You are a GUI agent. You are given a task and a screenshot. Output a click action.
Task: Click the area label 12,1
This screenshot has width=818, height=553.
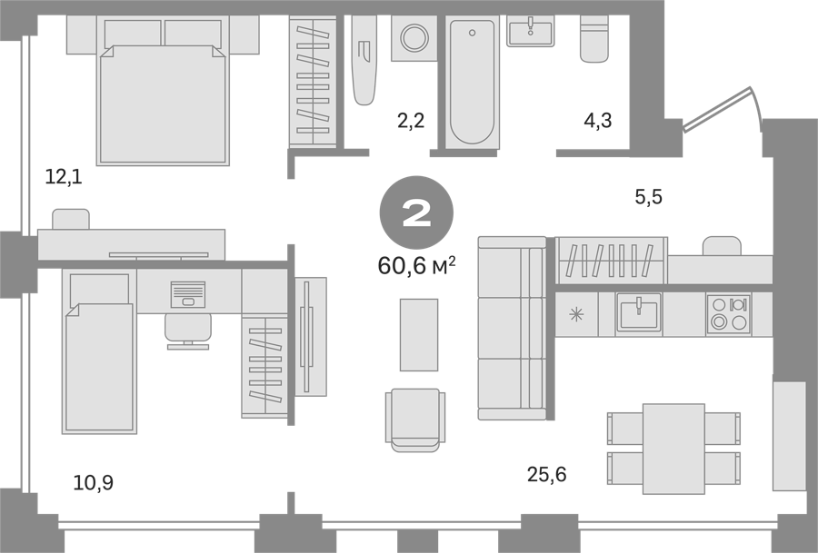(64, 177)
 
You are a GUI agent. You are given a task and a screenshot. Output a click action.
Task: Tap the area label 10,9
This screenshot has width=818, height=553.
(94, 483)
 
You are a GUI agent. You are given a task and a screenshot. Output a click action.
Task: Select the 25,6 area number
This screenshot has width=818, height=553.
(547, 475)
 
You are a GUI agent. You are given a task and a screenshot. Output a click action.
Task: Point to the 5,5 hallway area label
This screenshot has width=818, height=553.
(648, 197)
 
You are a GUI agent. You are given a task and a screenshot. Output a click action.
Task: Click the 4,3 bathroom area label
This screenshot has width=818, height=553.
(598, 121)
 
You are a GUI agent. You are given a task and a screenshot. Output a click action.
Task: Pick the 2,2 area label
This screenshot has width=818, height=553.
(411, 121)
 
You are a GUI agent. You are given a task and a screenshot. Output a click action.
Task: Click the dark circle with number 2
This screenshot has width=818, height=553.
(416, 212)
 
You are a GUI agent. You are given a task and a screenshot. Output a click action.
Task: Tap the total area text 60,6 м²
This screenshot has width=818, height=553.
(416, 266)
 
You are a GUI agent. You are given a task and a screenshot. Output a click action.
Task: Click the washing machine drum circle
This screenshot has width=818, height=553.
(414, 37)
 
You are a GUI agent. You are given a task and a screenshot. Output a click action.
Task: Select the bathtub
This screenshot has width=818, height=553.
(472, 82)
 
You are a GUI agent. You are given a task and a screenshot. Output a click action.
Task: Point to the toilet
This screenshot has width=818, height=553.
(594, 38)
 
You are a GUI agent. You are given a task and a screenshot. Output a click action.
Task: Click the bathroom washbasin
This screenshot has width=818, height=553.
(531, 31)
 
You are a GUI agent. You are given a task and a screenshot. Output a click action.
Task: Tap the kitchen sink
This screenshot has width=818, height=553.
(639, 312)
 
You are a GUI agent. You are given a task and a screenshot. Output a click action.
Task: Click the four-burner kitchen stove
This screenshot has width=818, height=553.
(729, 314)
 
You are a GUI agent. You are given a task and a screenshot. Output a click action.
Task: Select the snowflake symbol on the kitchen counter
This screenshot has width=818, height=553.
(576, 314)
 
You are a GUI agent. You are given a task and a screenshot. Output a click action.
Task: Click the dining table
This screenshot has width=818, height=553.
(674, 449)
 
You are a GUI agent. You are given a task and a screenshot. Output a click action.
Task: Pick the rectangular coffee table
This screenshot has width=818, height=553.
(419, 334)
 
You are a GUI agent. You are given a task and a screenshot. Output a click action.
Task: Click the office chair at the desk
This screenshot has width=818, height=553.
(188, 331)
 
